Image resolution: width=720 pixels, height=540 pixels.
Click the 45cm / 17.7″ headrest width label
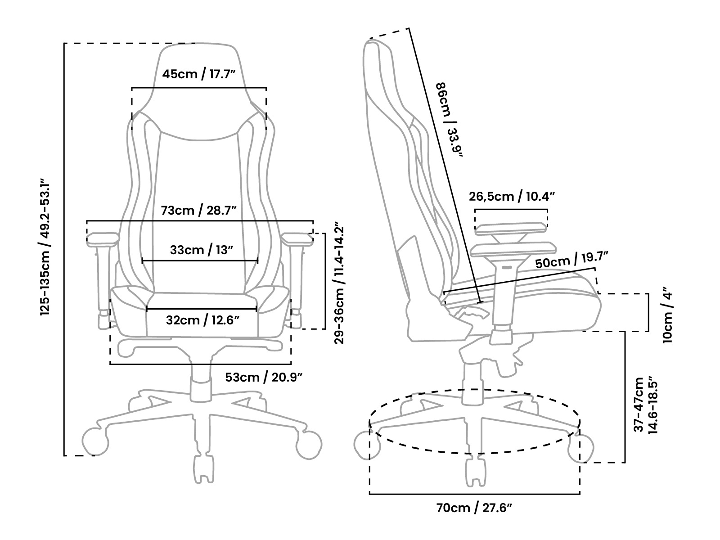pyautogui.click(x=199, y=74)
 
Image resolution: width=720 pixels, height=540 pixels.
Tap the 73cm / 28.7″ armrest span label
pyautogui.click(x=198, y=210)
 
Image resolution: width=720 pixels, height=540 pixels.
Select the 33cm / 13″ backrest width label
pyautogui.click(x=202, y=250)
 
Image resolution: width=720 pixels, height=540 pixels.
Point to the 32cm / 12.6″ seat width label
pyautogui.click(x=202, y=320)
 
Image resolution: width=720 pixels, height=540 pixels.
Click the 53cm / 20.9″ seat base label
pyautogui.click(x=263, y=378)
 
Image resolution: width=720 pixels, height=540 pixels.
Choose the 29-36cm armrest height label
pyautogui.click(x=339, y=285)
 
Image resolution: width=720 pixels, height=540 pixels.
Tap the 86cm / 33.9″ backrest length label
pyautogui.click(x=449, y=120)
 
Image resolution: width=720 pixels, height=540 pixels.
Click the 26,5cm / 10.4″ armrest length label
pyautogui.click(x=512, y=196)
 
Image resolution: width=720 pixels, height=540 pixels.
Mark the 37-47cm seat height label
pyautogui.click(x=646, y=405)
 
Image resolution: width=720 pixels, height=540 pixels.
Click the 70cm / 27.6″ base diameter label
pyautogui.click(x=474, y=508)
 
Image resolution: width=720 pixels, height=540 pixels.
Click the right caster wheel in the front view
pyautogui.click(x=309, y=445)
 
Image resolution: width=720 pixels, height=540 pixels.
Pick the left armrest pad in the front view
pyautogui.click(x=102, y=239)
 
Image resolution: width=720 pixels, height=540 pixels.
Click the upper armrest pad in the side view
pyautogui.click(x=511, y=229)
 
